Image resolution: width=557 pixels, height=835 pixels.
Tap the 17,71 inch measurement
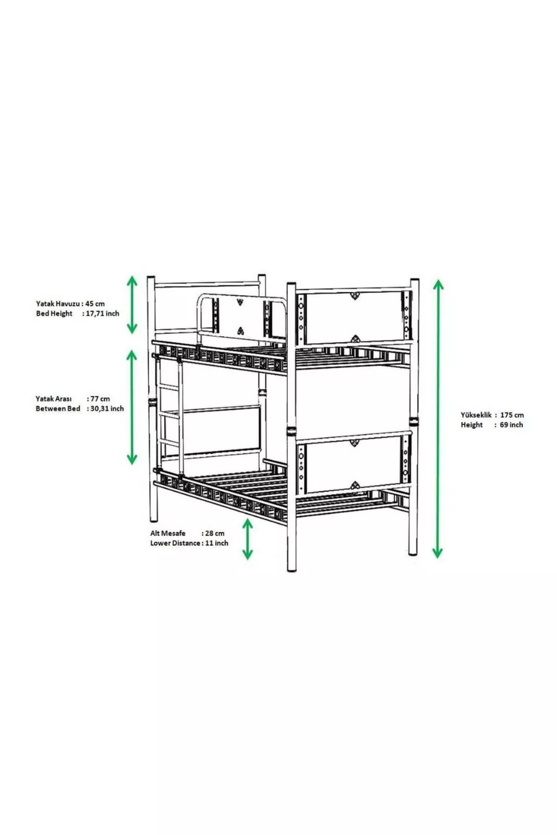click(103, 314)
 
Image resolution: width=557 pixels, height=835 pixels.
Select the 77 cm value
click(100, 398)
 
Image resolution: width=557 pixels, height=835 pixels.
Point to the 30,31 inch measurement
click(107, 409)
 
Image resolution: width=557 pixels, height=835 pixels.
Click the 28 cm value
click(215, 533)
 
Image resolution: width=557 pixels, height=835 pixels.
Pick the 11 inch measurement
click(217, 543)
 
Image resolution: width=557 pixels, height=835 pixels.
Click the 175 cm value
click(512, 415)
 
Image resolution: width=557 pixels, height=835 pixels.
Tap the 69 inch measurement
click(511, 424)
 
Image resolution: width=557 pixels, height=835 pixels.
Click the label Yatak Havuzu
click(58, 304)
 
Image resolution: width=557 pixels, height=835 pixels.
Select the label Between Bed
click(58, 409)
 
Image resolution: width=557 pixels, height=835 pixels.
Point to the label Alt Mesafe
click(168, 533)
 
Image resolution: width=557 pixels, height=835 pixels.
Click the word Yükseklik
click(476, 415)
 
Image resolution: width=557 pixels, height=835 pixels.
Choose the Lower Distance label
click(175, 543)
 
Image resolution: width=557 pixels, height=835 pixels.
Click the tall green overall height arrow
click(438, 419)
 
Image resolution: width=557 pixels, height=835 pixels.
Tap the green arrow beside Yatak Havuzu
click(132, 304)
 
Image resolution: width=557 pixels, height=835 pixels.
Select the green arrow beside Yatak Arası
click(132, 407)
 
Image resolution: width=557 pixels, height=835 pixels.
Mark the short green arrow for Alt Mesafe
click(248, 539)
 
